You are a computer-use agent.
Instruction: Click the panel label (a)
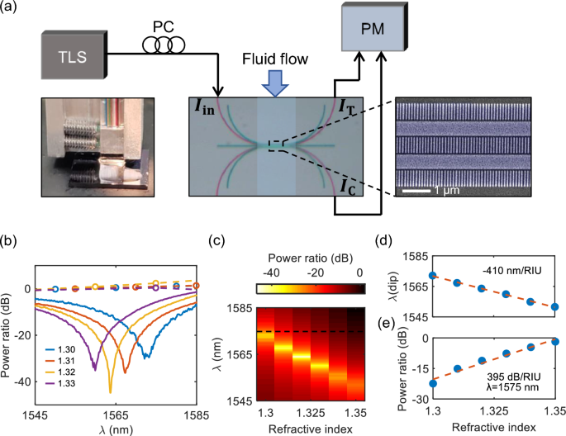pos(13,10)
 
